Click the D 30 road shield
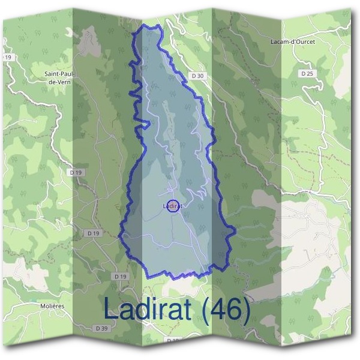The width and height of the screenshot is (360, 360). coord(199,76)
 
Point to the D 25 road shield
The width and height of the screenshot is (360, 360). coord(308,73)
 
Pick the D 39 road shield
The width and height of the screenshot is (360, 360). coord(101,328)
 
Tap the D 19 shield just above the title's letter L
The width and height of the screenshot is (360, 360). coord(120,276)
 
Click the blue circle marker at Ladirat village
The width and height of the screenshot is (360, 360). coord(173,206)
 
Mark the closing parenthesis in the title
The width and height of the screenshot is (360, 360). coord(247,310)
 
